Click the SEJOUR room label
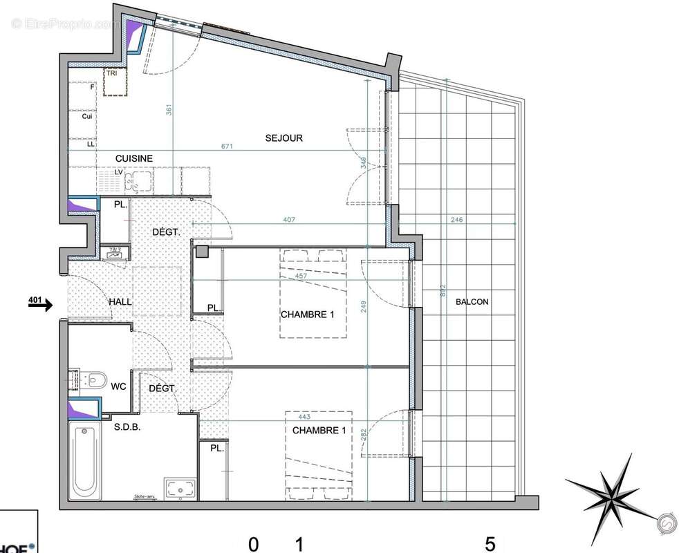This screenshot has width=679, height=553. click(x=284, y=138)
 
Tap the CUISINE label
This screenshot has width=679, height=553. click(x=133, y=159)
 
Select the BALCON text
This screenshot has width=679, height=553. click(x=472, y=302)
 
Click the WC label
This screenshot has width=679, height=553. click(x=118, y=386)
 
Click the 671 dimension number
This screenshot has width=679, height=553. click(x=227, y=147)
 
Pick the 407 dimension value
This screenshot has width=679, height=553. click(x=290, y=221)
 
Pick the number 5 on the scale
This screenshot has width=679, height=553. click(x=490, y=544)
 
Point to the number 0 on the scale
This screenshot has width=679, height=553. click(x=254, y=544)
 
